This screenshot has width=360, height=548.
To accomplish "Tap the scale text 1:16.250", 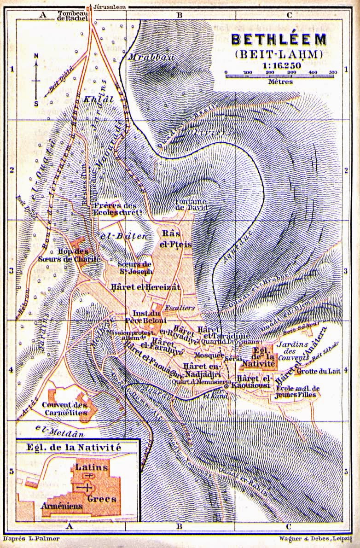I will [279, 65].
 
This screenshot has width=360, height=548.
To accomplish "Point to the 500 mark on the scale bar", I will [333, 72].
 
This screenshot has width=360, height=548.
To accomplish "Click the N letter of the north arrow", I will [36, 57].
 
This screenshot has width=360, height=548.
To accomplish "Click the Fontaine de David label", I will [192, 204].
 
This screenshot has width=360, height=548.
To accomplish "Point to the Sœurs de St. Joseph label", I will [135, 268].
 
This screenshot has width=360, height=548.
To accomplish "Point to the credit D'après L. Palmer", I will [32, 538].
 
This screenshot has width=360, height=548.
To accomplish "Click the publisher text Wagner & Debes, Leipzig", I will [318, 538].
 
